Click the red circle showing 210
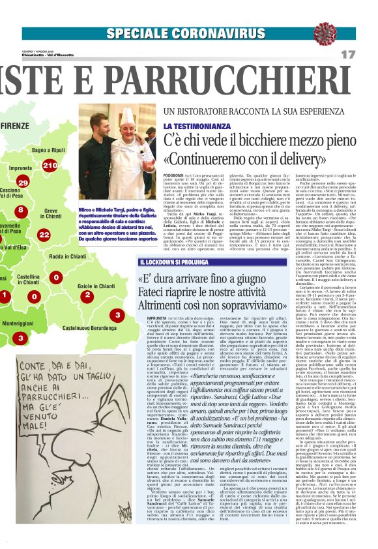click(50, 166)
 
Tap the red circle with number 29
click(23, 184)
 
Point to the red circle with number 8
click(21, 210)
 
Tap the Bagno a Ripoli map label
click(48, 151)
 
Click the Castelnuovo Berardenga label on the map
click(90, 327)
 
